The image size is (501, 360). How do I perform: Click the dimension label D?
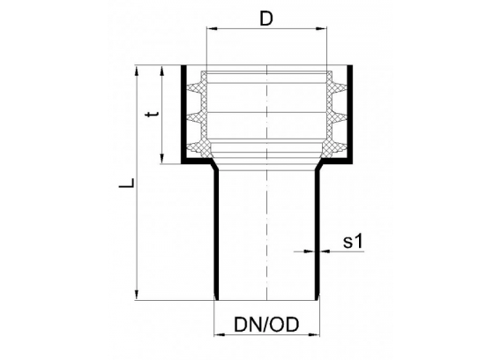(266, 19)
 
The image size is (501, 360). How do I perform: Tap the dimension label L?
(126, 183)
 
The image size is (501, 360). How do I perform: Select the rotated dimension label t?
(153, 114)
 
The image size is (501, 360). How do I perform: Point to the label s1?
(353, 242)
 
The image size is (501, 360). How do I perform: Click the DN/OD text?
(266, 325)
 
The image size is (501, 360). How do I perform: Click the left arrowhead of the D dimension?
(212, 29)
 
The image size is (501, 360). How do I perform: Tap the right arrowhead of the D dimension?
(321, 29)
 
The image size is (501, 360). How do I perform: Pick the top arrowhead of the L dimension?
(137, 71)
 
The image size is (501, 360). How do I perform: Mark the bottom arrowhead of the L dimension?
(137, 295)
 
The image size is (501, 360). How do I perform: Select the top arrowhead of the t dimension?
(162, 71)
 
